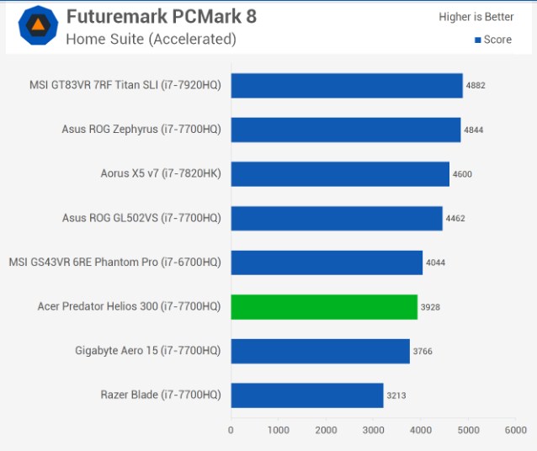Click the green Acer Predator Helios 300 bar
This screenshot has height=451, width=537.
pyautogui.click(x=324, y=307)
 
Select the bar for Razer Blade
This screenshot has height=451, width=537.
pyautogui.click(x=307, y=395)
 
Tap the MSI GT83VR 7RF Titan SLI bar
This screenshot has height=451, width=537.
pyautogui.click(x=347, y=86)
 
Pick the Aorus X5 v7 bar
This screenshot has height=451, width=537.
pyautogui.click(x=340, y=174)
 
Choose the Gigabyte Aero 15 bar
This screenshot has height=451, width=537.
pyautogui.click(x=320, y=352)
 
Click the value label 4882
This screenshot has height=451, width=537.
pyautogui.click(x=476, y=85)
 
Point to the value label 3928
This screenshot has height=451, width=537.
pyautogui.click(x=430, y=307)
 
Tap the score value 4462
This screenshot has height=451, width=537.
pyautogui.click(x=455, y=218)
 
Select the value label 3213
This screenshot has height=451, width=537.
pyautogui.click(x=396, y=395)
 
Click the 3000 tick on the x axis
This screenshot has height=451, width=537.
pyautogui.click(x=374, y=430)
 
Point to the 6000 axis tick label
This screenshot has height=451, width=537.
pyautogui.click(x=516, y=430)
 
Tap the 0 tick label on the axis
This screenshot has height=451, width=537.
pyautogui.click(x=231, y=430)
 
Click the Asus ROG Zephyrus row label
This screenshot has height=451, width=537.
pyautogui.click(x=141, y=130)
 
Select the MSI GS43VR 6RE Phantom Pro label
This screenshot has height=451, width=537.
pyautogui.click(x=115, y=263)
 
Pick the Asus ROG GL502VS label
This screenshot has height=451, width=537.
pyautogui.click(x=141, y=218)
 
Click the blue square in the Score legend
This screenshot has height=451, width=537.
pyautogui.click(x=478, y=40)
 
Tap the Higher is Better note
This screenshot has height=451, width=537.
pyautogui.click(x=476, y=17)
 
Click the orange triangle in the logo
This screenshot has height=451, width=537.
pyautogui.click(x=38, y=25)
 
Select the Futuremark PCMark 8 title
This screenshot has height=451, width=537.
pyautogui.click(x=162, y=16)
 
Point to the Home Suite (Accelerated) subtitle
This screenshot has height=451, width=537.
pyautogui.click(x=151, y=39)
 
